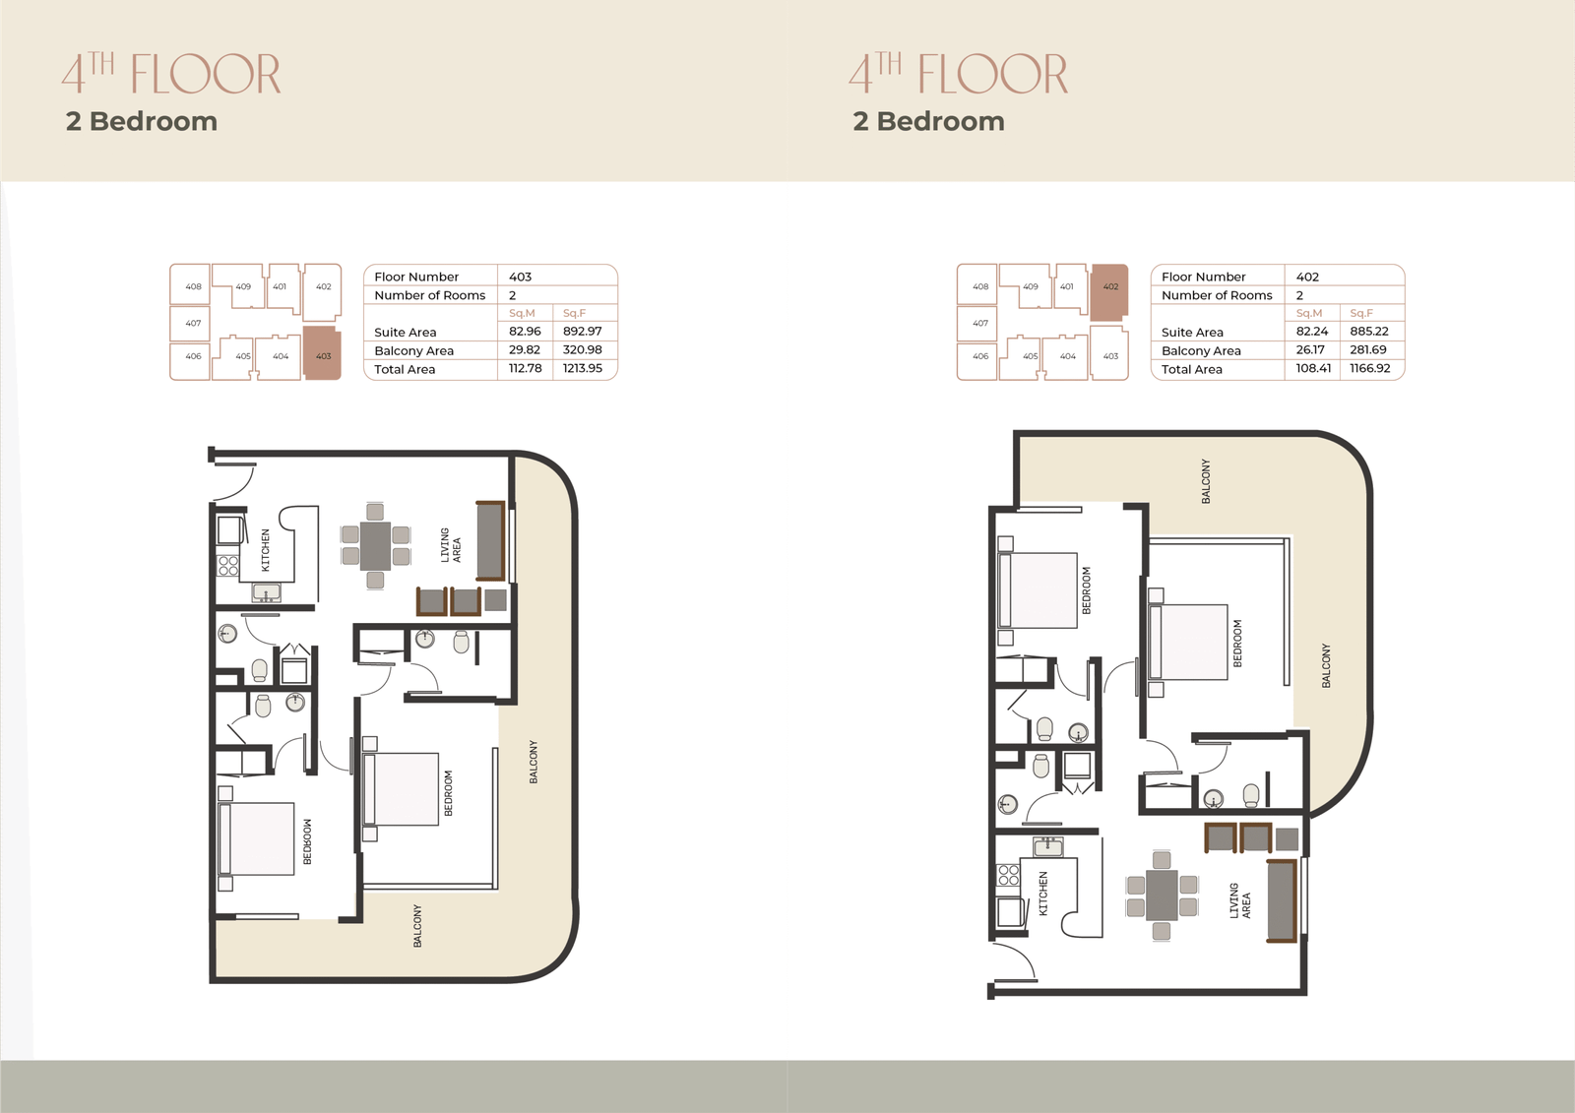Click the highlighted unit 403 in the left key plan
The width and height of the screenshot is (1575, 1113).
(322, 353)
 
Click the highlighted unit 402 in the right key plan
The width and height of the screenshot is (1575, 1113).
(1109, 292)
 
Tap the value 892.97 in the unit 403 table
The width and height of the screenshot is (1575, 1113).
(582, 332)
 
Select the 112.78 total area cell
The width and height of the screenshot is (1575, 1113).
(526, 368)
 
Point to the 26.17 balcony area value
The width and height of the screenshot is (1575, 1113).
(1310, 349)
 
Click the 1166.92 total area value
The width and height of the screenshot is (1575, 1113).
(1369, 368)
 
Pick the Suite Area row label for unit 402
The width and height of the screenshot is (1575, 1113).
(1192, 332)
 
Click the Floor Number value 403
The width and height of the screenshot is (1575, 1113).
(521, 277)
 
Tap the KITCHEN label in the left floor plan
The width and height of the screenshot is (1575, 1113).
(265, 550)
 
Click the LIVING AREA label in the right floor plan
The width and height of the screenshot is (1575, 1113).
(1239, 900)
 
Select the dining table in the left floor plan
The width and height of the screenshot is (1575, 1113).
(375, 545)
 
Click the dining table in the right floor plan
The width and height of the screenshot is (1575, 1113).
(1162, 896)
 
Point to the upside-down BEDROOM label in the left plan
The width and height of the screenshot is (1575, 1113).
(307, 841)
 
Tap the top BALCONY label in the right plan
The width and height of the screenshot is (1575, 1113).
(1206, 481)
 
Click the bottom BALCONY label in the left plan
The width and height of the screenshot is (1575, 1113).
(417, 926)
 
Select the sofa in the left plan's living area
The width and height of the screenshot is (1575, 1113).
(491, 540)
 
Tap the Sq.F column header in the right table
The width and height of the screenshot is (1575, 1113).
(1361, 313)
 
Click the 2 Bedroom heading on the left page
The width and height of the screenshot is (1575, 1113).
(142, 122)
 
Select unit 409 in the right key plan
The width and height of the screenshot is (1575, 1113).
(1030, 287)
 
